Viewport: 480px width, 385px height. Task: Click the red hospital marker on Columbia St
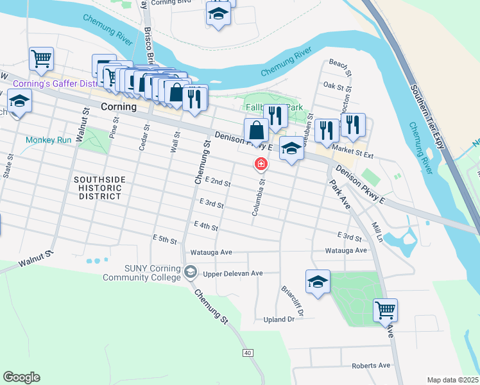click(261, 164)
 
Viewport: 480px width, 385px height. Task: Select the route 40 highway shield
click(248, 353)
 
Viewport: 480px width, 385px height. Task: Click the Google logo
click(21, 377)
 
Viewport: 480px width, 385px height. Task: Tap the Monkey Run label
click(48, 140)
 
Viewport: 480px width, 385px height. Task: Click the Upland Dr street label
click(279, 319)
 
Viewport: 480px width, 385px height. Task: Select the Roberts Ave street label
click(370, 365)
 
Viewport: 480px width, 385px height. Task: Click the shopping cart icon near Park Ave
click(385, 311)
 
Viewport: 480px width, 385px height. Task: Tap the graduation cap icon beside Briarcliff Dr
click(318, 281)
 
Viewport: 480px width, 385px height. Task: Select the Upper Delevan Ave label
click(233, 273)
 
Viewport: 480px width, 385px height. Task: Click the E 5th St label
click(165, 239)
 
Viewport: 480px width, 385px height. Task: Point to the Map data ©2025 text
click(452, 380)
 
